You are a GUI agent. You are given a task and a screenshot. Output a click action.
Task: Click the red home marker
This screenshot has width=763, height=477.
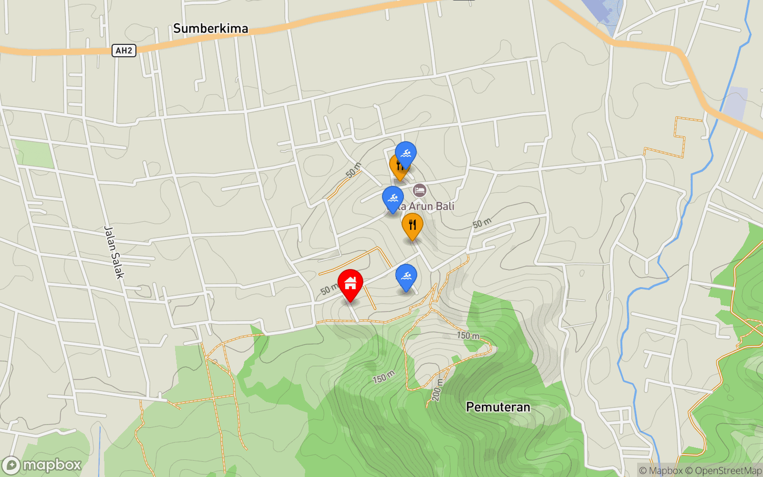click(351, 283)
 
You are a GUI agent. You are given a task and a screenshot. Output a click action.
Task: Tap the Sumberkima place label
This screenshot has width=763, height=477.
click(210, 29)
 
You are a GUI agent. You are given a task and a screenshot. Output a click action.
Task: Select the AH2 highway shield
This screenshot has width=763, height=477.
click(124, 51)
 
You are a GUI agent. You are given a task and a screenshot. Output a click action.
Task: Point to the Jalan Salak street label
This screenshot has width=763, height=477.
click(114, 252)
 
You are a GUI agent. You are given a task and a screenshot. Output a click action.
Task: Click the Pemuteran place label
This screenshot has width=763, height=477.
click(498, 407)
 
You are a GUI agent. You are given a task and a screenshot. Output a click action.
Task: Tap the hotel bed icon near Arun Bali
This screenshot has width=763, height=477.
click(420, 190)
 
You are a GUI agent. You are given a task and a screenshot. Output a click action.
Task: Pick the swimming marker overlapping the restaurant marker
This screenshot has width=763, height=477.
click(406, 154)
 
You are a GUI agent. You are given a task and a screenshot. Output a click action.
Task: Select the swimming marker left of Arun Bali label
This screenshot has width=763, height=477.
click(393, 198)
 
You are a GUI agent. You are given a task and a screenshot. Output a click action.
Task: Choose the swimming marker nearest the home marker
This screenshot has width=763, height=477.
click(406, 276)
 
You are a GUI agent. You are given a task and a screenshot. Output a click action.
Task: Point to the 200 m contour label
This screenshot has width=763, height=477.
click(437, 390)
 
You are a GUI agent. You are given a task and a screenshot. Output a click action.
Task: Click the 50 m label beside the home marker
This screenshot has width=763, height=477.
click(329, 289)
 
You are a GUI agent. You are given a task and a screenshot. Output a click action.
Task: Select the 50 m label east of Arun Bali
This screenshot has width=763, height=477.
click(482, 223)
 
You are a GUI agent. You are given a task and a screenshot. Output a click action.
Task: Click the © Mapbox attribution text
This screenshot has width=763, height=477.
click(660, 471)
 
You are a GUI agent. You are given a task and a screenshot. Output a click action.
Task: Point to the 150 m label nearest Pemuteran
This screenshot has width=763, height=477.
click(468, 335)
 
